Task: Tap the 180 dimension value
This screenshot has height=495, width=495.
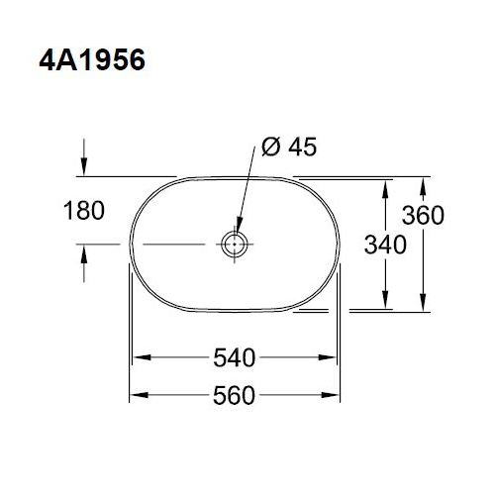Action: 86,211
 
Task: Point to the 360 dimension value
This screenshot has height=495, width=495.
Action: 423,215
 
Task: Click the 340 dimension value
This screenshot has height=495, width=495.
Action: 385,245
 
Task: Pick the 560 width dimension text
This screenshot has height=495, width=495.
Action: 237,395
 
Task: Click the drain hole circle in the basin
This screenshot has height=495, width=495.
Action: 236,243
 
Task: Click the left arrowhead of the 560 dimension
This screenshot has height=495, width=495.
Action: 138,395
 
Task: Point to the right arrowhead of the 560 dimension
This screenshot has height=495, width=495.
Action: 337,395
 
